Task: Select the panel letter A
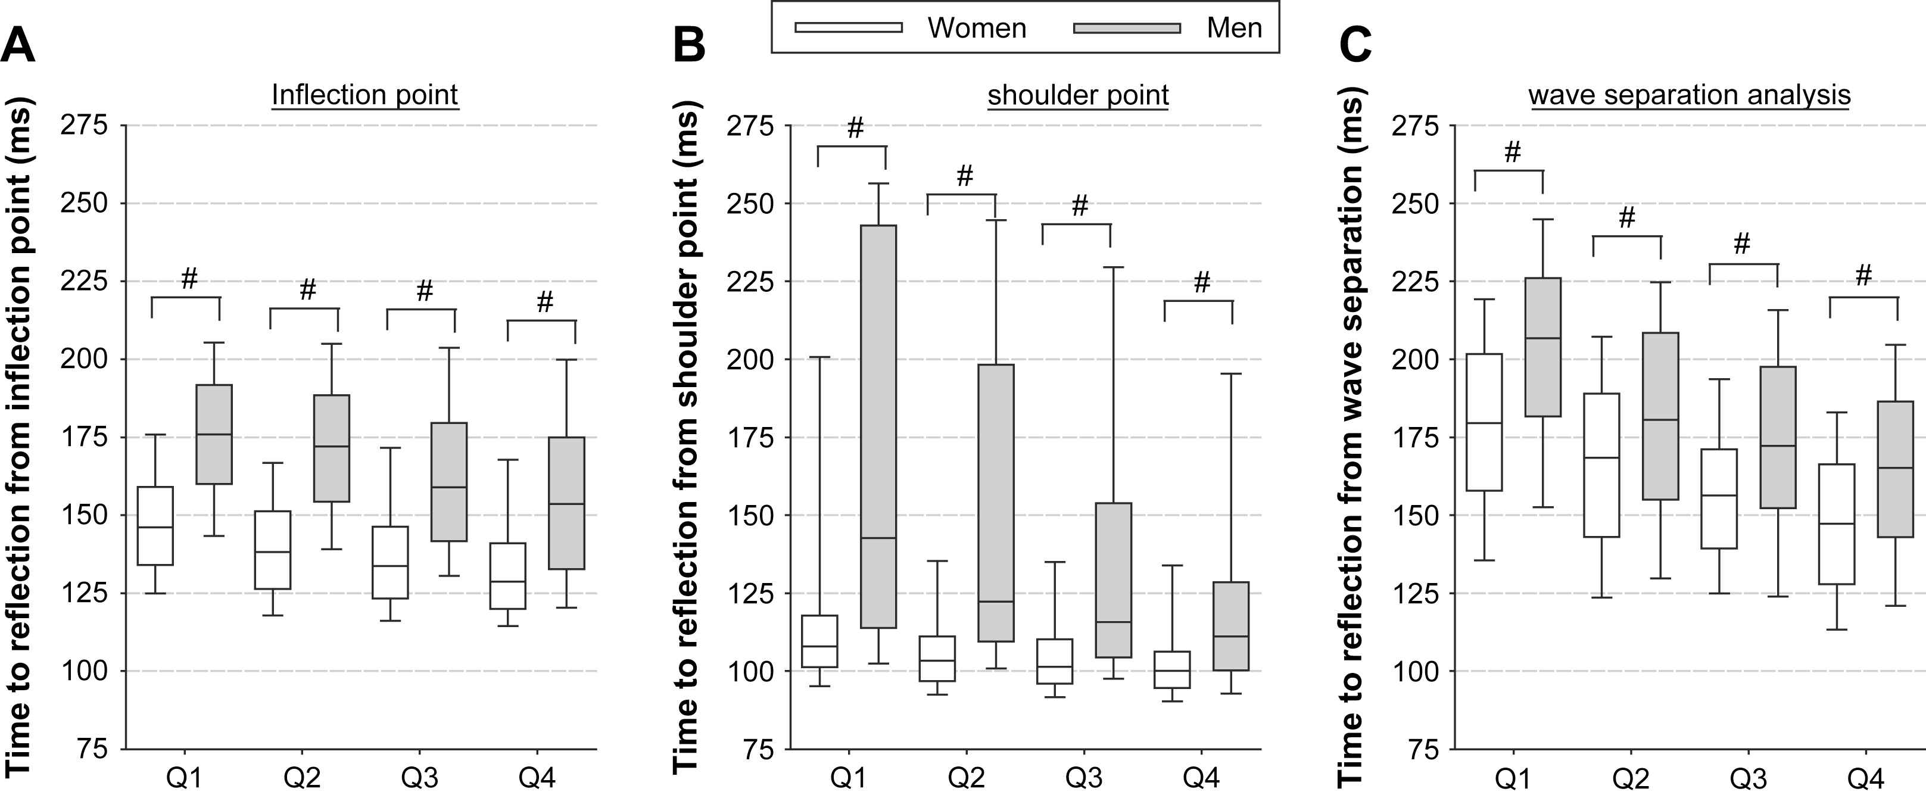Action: coord(18,46)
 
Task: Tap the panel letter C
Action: coord(1355,46)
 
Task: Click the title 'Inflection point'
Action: coord(365,95)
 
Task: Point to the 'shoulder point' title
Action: coord(1077,95)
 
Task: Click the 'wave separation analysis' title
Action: coord(1689,95)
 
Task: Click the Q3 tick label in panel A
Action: coord(419,778)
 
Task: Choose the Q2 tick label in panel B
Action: coord(966,778)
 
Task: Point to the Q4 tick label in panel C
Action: coord(1865,778)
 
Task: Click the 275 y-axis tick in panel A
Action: coord(84,126)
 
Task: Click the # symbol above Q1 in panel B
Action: coord(855,128)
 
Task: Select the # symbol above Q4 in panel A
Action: coord(545,302)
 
